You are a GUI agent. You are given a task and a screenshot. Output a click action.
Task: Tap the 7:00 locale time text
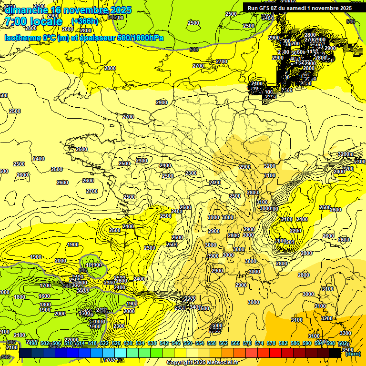click(x=33, y=21)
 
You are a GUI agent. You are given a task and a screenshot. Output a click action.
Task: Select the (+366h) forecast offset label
click(x=85, y=21)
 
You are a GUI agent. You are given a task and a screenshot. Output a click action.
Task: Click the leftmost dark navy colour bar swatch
click(x=25, y=353)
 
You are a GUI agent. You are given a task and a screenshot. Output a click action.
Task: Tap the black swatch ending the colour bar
click(x=335, y=353)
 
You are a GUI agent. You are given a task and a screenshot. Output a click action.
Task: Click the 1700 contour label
click(x=45, y=285)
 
